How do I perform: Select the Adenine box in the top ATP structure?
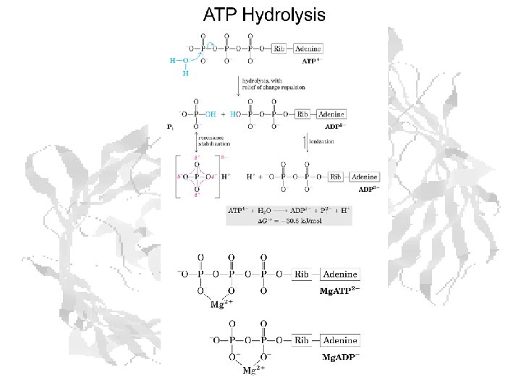pos(306,49)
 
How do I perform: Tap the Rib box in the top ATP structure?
pos(279,49)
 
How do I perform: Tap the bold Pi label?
pos(170,127)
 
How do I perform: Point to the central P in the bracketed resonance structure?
pos(196,176)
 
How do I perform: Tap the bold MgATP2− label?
pos(339,292)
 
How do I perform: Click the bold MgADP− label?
pos(341,358)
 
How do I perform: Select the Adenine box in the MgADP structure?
pos(341,340)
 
